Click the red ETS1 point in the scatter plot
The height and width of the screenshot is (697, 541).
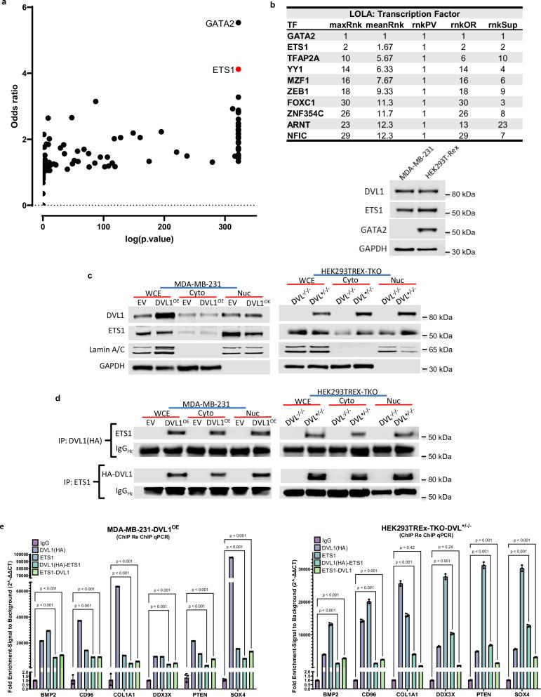239,69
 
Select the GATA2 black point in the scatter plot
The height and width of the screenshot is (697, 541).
239,22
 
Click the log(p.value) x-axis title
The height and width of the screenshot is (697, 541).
135,241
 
